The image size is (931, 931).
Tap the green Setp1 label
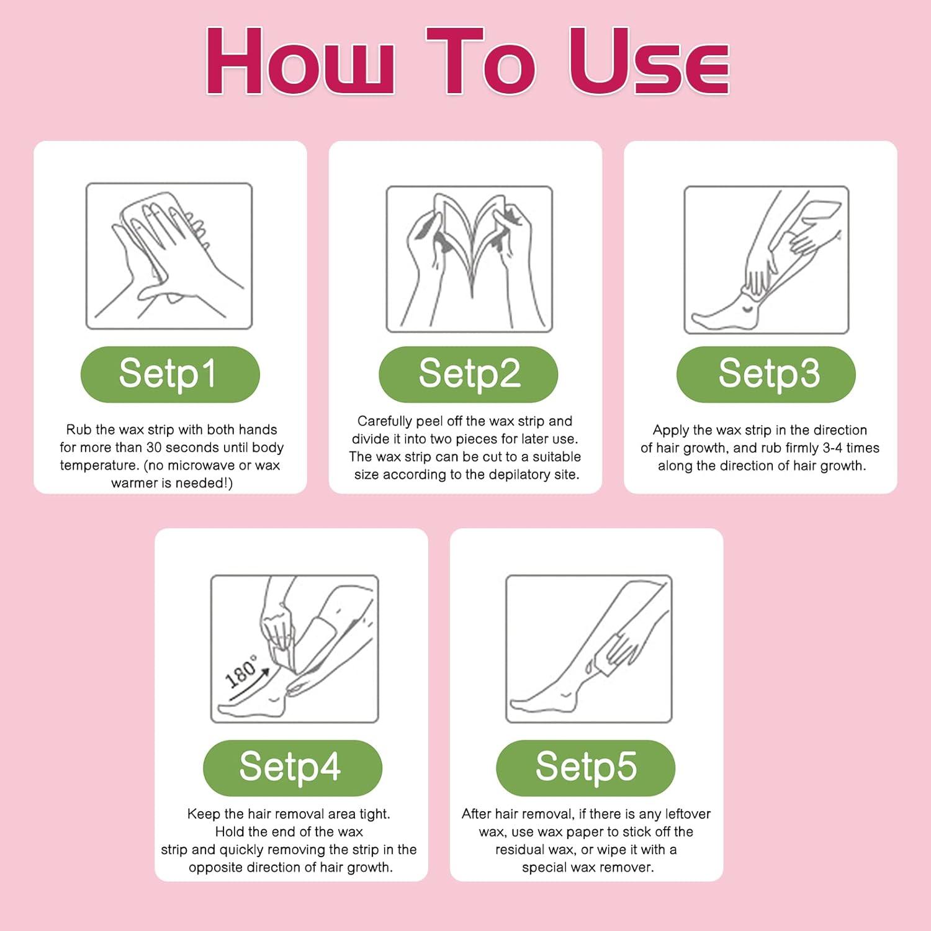tap(169, 374)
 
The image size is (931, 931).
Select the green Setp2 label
tap(468, 374)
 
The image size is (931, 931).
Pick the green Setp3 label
tap(766, 374)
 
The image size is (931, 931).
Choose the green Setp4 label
tap(292, 767)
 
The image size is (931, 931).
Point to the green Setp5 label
tap(585, 767)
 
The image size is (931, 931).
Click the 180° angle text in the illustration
tap(241, 672)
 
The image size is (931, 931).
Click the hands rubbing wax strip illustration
tap(169, 256)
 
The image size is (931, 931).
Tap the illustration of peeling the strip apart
tap(469, 259)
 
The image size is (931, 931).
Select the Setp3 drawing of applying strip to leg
tap(766, 259)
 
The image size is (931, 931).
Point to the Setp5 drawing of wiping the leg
tap(588, 649)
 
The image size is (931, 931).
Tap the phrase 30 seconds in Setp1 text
tap(182, 448)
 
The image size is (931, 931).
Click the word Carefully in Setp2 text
tap(385, 421)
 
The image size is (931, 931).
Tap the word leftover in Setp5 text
tap(687, 814)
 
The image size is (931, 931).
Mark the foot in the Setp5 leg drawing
tap(540, 701)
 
